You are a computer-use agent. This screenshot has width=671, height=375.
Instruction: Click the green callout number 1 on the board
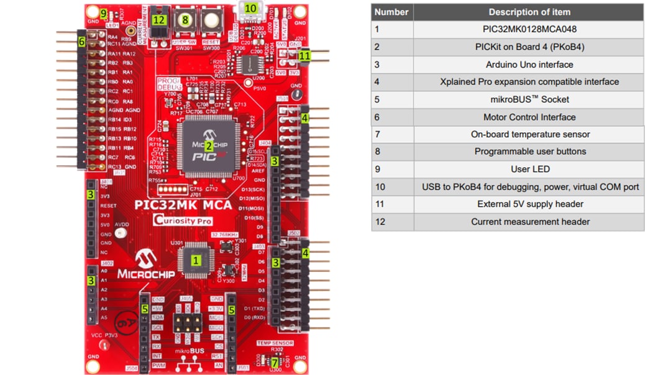pyautogui.click(x=196, y=261)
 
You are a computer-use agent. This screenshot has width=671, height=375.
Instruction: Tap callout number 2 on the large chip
pyautogui.click(x=209, y=145)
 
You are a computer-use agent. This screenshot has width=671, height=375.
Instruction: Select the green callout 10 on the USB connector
pyautogui.click(x=250, y=8)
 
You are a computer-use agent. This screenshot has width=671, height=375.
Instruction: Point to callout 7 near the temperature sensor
pyautogui.click(x=275, y=361)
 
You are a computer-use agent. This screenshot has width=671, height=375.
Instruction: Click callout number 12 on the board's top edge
pyautogui.click(x=160, y=19)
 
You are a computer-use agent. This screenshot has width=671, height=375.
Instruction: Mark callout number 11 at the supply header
pyautogui.click(x=304, y=55)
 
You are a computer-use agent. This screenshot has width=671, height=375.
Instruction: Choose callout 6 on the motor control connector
pyautogui.click(x=81, y=41)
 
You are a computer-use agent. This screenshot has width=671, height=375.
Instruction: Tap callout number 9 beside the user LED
pyautogui.click(x=103, y=14)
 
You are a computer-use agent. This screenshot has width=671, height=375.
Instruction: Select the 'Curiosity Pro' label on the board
pyautogui.click(x=184, y=220)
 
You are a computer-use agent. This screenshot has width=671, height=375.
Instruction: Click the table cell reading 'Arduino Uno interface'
pyautogui.click(x=529, y=65)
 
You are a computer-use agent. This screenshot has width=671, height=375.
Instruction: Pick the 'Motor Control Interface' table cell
pyautogui.click(x=529, y=117)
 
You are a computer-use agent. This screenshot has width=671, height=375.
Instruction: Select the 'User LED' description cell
pyautogui.click(x=529, y=169)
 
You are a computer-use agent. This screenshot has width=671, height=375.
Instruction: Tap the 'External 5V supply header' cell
pyautogui.click(x=529, y=204)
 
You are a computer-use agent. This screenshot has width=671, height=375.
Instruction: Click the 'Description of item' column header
pyautogui.click(x=529, y=12)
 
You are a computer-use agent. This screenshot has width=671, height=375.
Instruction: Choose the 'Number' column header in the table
pyautogui.click(x=391, y=12)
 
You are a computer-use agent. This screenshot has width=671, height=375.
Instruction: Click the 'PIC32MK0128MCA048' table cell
pyautogui.click(x=529, y=29)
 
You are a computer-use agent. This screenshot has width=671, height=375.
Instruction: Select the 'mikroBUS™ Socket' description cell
pyautogui.click(x=529, y=99)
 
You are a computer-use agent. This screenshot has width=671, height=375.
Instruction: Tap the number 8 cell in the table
pyautogui.click(x=377, y=151)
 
